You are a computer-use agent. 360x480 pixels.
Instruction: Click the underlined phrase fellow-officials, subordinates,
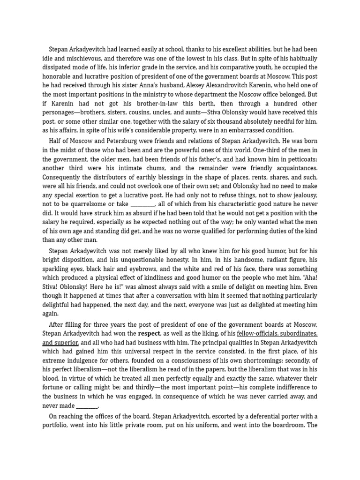pyautogui.click(x=277, y=333)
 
